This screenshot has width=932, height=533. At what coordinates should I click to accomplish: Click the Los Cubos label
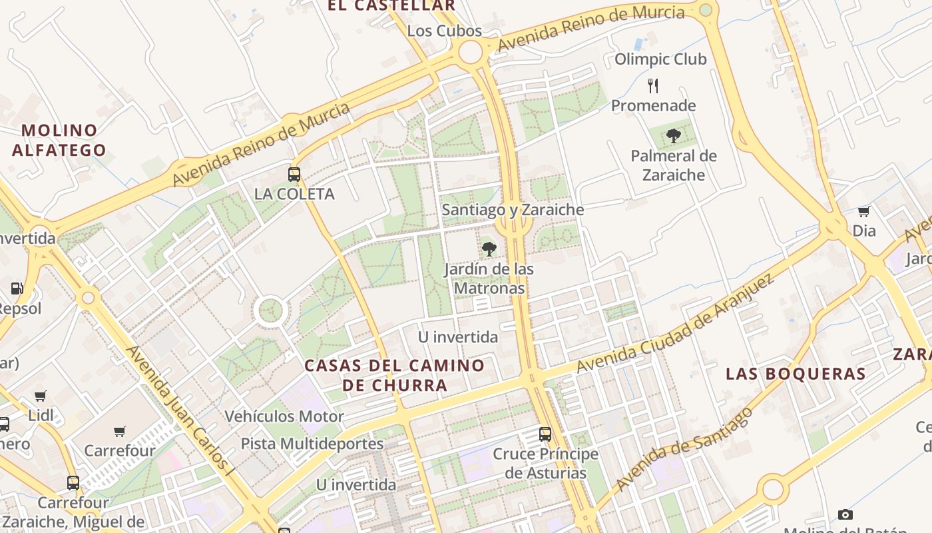444,31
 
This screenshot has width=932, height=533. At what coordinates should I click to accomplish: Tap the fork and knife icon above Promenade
653,85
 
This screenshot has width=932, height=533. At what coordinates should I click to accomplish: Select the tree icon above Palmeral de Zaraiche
674,137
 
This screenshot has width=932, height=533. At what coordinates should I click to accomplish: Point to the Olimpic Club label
660,59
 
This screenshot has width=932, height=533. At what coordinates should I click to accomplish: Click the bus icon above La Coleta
294,175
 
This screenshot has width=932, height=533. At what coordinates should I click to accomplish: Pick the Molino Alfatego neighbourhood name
59,140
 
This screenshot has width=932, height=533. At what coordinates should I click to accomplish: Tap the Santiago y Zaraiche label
513,210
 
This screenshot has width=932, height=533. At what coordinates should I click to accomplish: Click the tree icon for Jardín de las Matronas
489,249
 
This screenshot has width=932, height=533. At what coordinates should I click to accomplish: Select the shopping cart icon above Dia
863,212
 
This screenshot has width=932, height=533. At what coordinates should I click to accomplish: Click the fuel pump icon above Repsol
17,289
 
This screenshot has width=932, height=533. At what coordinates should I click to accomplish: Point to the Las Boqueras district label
796,374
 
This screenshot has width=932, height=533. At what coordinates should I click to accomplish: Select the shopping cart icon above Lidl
41,396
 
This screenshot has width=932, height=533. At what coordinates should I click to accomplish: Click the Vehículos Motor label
284,416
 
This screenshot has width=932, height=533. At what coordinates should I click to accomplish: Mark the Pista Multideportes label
312,444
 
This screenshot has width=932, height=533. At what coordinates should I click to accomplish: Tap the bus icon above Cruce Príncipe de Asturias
545,434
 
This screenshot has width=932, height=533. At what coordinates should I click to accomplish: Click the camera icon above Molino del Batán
845,514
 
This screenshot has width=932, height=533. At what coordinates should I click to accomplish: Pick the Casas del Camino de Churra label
394,375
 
